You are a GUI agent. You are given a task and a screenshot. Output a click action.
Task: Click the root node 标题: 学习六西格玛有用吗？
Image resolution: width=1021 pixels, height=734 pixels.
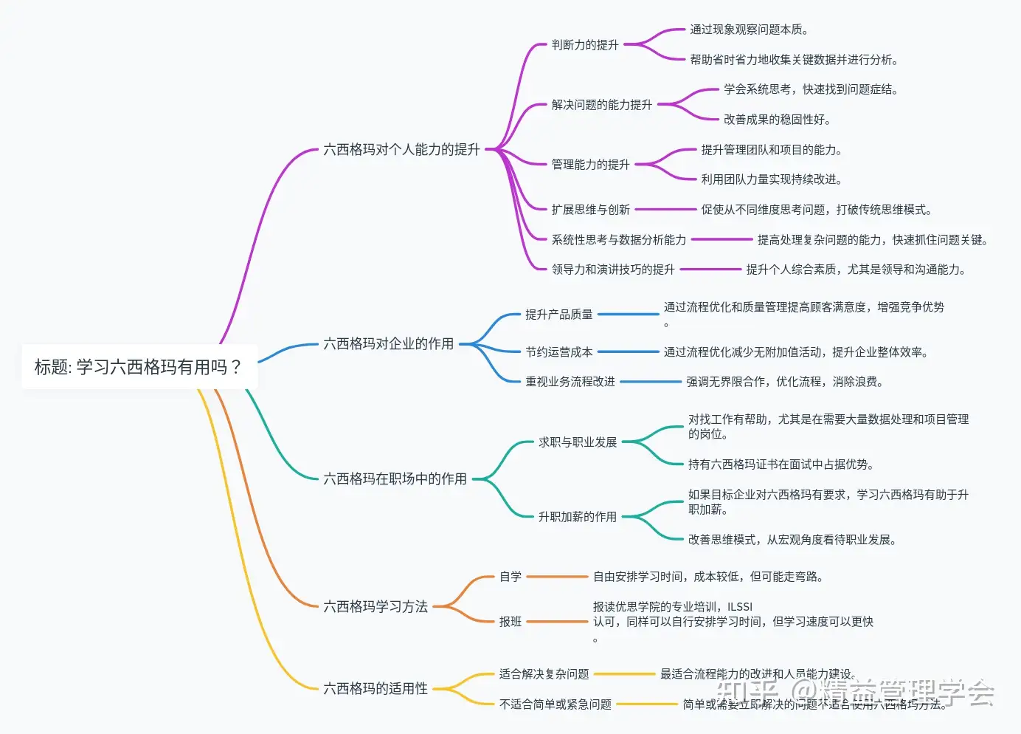139,367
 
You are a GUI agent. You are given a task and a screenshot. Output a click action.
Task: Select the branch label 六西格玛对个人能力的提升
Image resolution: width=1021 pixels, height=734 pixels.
401,150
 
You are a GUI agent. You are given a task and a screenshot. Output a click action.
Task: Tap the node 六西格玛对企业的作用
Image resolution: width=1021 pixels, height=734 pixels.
388,344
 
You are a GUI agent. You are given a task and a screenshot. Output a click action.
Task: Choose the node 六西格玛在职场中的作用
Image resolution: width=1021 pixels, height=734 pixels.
395,479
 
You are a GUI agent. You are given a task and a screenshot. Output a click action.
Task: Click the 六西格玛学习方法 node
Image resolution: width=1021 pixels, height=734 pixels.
375,607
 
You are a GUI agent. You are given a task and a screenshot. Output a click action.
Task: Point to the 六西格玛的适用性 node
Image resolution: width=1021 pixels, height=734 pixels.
375,689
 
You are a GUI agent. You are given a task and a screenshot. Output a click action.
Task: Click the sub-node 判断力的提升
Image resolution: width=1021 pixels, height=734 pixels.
585,45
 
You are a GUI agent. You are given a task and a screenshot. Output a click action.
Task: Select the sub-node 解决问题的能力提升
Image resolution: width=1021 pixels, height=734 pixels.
601,105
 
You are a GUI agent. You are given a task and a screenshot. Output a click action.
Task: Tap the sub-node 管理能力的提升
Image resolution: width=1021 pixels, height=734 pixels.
590,165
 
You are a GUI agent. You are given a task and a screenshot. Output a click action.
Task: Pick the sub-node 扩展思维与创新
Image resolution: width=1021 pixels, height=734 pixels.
590,210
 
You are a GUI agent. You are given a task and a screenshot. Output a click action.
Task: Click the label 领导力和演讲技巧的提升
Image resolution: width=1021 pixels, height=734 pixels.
612,270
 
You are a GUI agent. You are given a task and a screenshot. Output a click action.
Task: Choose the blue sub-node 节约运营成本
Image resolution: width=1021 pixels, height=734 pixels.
558,352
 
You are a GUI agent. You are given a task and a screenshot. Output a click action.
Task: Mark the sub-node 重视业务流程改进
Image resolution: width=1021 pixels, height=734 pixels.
570,382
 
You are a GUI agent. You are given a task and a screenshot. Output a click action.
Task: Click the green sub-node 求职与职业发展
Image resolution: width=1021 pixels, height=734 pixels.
577,442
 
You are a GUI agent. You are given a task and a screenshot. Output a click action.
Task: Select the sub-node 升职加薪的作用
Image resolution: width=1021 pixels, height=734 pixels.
577,517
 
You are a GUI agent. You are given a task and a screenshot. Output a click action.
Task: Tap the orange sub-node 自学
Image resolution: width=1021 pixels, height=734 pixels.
510,577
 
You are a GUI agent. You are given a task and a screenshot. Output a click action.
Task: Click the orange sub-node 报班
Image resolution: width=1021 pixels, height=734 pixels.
510,622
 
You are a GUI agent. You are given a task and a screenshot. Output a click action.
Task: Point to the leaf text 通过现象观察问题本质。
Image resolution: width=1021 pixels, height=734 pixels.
749,30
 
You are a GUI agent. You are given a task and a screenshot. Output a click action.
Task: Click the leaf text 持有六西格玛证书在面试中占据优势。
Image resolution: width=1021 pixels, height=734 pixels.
781,464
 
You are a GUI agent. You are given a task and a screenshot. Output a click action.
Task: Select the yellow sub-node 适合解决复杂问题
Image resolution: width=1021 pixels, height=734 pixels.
544,674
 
